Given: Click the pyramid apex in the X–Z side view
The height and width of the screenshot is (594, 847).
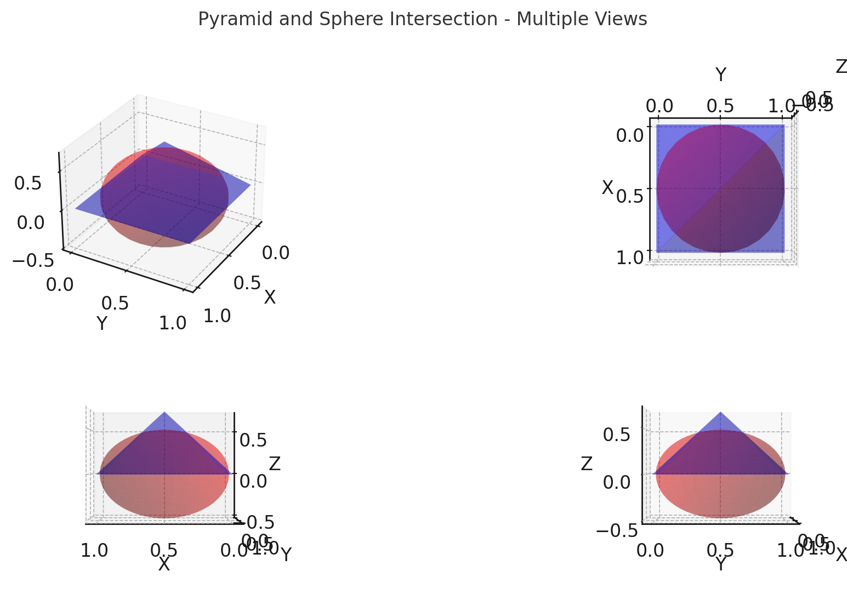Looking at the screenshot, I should tap(164, 412).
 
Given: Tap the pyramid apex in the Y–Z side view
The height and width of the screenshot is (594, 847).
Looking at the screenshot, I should tap(720, 412).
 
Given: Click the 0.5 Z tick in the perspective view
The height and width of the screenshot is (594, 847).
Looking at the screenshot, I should tap(28, 184).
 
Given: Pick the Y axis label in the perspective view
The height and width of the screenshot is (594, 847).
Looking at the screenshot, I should tap(102, 324).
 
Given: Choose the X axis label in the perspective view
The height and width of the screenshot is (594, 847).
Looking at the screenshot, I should tap(270, 298).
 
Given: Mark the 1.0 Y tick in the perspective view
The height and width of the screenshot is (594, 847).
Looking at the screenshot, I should tap(173, 323).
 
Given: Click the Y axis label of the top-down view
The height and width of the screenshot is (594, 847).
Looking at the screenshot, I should tap(721, 75).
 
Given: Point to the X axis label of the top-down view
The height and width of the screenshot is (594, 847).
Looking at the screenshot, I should tap(607, 188).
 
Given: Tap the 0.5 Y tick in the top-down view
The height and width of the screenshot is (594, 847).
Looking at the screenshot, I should tap(720, 105).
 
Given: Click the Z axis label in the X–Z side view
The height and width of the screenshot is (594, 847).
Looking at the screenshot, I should tap(275, 464).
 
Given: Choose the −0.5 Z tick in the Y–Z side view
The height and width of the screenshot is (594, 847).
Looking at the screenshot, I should tap(617, 530).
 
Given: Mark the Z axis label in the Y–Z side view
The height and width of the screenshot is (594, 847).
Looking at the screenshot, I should tap(587, 464).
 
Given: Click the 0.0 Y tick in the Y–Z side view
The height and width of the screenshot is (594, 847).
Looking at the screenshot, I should tap(650, 550).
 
